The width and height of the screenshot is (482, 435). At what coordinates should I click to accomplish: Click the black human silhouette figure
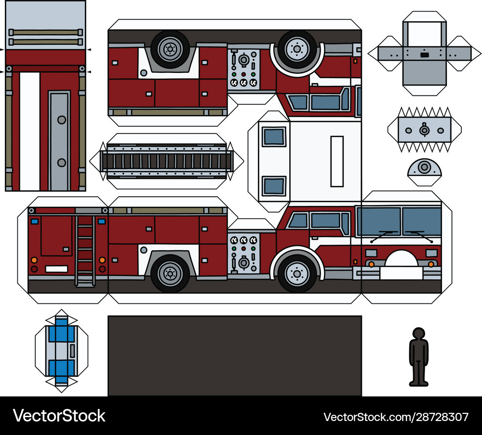click(x=418, y=357)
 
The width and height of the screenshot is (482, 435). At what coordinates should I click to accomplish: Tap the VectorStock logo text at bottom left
click(x=59, y=416)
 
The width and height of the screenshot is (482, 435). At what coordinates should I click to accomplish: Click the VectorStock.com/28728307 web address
click(x=396, y=417)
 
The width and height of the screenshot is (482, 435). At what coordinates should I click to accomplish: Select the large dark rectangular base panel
click(x=235, y=355)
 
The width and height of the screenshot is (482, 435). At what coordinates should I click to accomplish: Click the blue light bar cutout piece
click(x=62, y=351)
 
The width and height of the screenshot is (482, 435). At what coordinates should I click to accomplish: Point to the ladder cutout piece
click(x=167, y=161)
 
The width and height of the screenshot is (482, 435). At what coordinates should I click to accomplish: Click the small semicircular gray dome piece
click(x=425, y=172)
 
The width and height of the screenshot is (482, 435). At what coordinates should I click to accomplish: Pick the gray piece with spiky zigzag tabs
click(x=425, y=130)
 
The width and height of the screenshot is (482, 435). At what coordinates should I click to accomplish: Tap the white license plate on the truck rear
click(x=56, y=269)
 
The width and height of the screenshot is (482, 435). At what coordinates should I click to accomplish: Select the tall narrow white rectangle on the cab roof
click(x=337, y=162)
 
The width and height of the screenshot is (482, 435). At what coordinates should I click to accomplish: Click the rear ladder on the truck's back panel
click(x=85, y=251)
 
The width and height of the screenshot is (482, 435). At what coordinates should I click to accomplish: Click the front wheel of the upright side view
click(x=297, y=273)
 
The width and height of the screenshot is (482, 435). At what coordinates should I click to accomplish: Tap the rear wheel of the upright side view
click(x=170, y=273)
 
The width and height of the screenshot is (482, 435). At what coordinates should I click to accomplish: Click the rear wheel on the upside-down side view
click(x=170, y=49)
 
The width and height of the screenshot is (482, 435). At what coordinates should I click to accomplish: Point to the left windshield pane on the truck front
click(x=381, y=221)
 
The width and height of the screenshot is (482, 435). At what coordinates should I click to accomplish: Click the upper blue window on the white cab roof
click(x=274, y=136)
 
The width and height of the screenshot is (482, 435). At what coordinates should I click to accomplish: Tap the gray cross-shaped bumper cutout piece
click(x=424, y=54)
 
